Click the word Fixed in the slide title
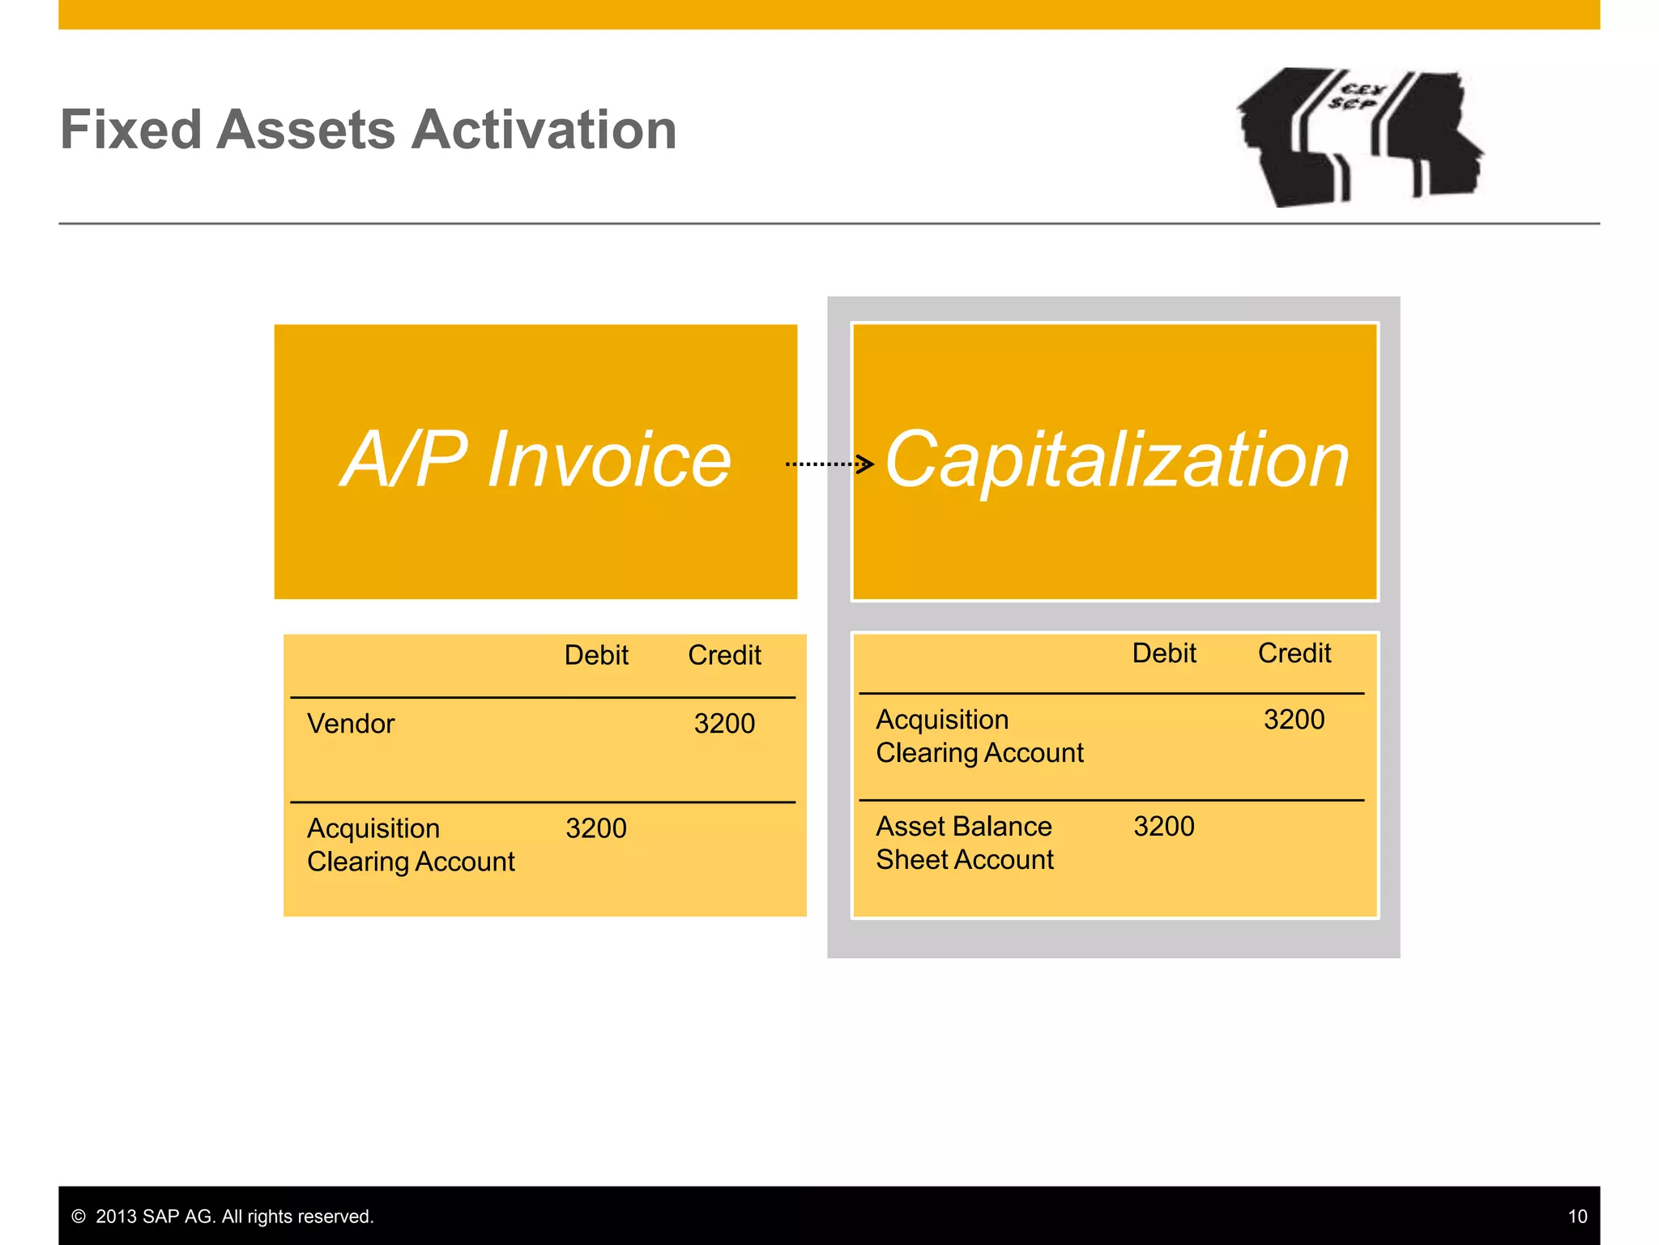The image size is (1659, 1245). point(130,130)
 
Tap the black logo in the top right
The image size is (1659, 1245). point(1360,136)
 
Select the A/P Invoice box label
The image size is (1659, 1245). point(535,460)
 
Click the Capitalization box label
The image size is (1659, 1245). point(1116,460)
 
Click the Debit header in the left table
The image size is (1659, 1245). point(596,655)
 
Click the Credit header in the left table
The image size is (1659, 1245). point(724,655)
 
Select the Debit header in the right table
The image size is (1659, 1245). point(1164,653)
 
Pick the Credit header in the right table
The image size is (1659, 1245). point(1294,653)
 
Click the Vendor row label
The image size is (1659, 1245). point(351,724)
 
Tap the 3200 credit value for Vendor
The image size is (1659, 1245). point(724,724)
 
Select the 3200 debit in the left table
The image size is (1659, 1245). point(596,828)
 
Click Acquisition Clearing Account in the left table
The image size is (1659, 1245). point(411,845)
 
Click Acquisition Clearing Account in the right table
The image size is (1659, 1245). point(979,736)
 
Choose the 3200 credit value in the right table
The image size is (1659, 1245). point(1294,720)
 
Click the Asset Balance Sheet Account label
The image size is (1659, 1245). point(965,843)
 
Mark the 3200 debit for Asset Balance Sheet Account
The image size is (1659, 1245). point(1164,827)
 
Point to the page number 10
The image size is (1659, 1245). point(1577,1217)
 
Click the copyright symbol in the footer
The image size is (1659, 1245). point(79,1217)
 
